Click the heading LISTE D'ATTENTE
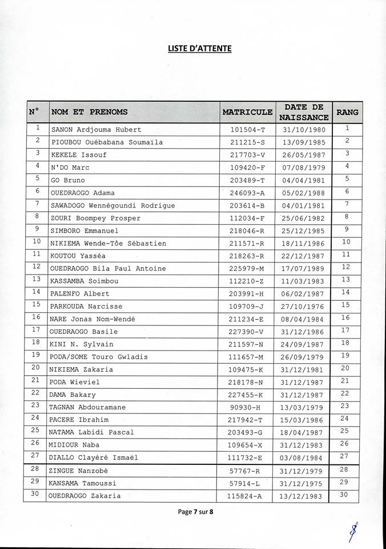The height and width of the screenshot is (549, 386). tap(199, 49)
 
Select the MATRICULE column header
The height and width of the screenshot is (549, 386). tap(247, 112)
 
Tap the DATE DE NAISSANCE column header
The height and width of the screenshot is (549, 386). tap(303, 112)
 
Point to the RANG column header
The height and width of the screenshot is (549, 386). tap(347, 112)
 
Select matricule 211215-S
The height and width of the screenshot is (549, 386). tap(248, 142)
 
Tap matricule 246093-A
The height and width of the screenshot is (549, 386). tap(248, 193)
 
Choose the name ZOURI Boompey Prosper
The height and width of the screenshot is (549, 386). tap(96, 218)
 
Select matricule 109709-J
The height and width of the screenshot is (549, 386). tap(248, 306)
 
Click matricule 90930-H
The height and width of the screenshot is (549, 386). tap(248, 407)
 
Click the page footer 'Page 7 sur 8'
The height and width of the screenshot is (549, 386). tap(195, 512)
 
